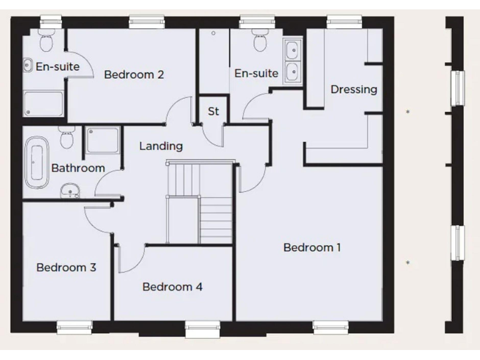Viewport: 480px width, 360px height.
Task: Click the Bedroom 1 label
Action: pyautogui.click(x=312, y=247)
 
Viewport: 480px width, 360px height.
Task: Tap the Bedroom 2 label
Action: pyautogui.click(x=134, y=74)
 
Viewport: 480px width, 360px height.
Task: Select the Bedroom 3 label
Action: pyautogui.click(x=66, y=267)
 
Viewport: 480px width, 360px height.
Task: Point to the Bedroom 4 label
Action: pyautogui.click(x=172, y=287)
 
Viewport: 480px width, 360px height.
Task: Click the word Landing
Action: pyautogui.click(x=161, y=146)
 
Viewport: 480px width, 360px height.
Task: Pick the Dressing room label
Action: pyautogui.click(x=354, y=89)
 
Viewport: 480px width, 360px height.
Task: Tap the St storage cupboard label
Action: pyautogui.click(x=214, y=112)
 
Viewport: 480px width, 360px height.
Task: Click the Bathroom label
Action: pyautogui.click(x=77, y=167)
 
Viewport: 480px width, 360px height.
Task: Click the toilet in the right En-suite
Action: pyautogui.click(x=259, y=42)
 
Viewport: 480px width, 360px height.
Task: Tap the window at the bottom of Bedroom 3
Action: pyautogui.click(x=74, y=326)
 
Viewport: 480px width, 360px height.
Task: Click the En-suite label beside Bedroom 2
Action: pyautogui.click(x=57, y=66)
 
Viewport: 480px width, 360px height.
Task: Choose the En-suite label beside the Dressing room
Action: pyautogui.click(x=256, y=73)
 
